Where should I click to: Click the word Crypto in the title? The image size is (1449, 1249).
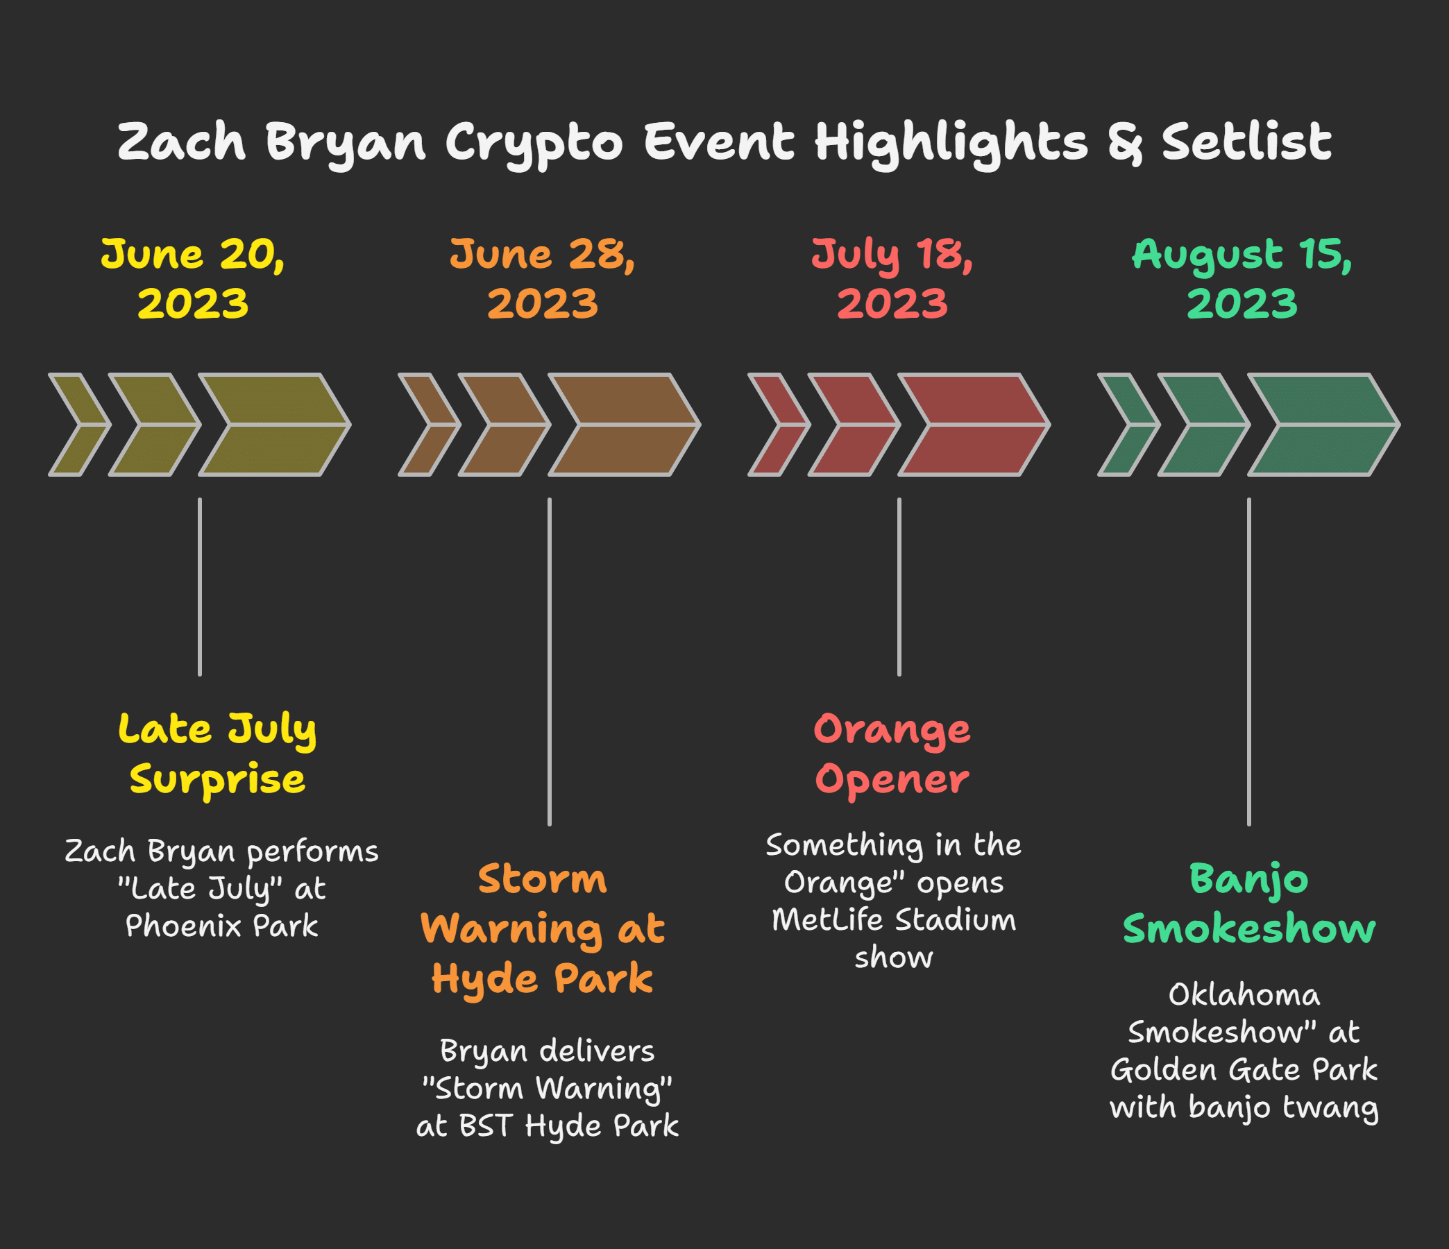coord(534,144)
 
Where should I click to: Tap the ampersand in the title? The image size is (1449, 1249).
coord(1124,144)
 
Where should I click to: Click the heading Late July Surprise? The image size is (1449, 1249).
coord(217,754)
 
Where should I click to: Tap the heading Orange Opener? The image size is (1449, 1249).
coord(892,754)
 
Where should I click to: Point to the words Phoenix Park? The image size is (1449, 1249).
coord(221,926)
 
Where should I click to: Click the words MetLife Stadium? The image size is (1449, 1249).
coord(894,919)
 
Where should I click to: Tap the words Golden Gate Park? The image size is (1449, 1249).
coord(1244,1070)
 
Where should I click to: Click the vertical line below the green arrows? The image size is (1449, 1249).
coord(1249,661)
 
